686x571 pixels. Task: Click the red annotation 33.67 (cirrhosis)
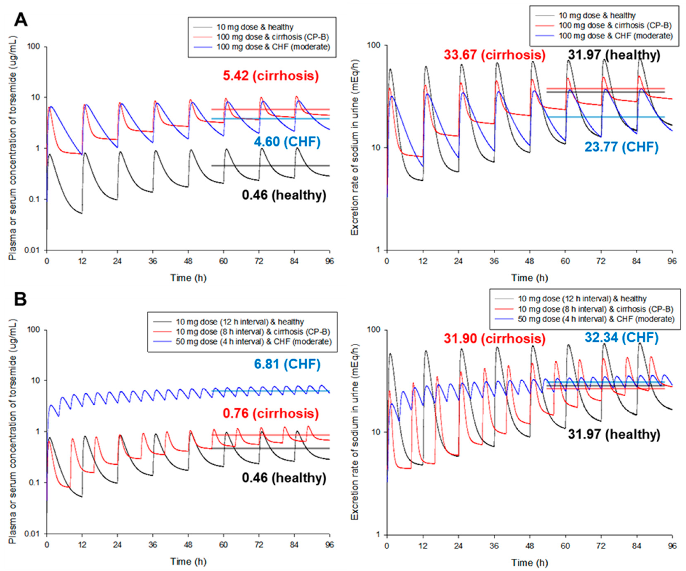pyautogui.click(x=495, y=55)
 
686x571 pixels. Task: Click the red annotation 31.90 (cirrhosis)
pyautogui.click(x=495, y=339)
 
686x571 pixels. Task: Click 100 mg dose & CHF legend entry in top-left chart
pyautogui.click(x=273, y=47)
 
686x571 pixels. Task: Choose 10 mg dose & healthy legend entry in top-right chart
pyautogui.click(x=597, y=15)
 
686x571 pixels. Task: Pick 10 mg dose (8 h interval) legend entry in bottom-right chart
pyautogui.click(x=596, y=309)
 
